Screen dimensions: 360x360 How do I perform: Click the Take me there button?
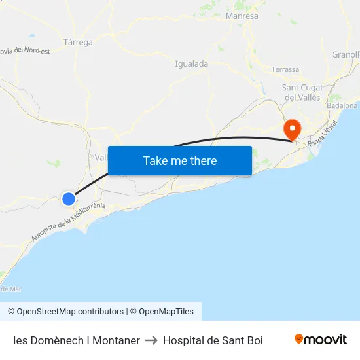(180, 160)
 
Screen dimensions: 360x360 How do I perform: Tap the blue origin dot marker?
(69, 198)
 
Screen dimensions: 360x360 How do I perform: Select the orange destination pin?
(291, 128)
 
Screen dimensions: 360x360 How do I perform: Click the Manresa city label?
(242, 16)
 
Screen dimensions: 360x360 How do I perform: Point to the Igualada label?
(192, 64)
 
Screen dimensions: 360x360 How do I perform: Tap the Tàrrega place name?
(79, 43)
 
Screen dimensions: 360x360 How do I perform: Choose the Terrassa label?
(285, 69)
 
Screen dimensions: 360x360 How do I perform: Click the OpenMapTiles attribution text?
(162, 312)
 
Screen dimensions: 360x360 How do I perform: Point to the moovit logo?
(321, 340)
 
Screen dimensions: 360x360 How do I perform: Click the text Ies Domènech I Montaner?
(77, 340)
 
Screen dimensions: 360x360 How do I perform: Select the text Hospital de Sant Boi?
(213, 340)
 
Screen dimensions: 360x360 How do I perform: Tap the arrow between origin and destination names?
(151, 340)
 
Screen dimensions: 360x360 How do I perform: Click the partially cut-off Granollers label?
(346, 54)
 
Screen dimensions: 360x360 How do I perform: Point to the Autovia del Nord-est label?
(25, 50)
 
